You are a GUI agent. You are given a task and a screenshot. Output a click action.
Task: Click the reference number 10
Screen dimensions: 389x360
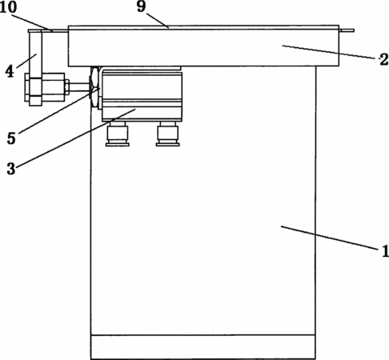coord(8,7)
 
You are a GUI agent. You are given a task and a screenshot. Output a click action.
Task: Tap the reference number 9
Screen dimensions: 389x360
coord(142,6)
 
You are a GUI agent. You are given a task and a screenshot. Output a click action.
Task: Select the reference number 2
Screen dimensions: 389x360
coord(383,60)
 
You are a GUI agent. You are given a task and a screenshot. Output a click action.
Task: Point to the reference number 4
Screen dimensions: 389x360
coord(10,71)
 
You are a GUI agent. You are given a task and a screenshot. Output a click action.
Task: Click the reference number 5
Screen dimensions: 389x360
coord(11,138)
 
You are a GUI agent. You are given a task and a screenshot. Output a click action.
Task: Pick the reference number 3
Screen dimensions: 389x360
coord(11,169)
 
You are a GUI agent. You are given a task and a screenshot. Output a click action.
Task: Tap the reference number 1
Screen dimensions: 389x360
coord(385,251)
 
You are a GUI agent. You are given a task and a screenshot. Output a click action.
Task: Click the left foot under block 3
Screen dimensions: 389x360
coord(118,134)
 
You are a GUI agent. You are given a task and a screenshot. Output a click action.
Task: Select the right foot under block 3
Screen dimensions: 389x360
coord(168,134)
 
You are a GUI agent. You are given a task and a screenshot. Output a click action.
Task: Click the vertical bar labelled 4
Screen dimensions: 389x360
coord(35,54)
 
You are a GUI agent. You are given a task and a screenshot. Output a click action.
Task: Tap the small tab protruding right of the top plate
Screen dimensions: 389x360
coord(347,30)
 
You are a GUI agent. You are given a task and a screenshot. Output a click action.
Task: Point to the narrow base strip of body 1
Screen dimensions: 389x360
coord(203,346)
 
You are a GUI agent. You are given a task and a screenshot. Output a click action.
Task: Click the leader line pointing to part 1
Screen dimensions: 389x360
coord(330,238)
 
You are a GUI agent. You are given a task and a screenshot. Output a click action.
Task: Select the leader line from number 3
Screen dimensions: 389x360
coord(76,138)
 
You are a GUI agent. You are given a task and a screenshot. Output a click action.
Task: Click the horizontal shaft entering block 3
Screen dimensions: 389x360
coord(79,87)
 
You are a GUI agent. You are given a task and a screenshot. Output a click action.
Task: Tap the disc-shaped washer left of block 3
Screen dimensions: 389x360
coord(94,87)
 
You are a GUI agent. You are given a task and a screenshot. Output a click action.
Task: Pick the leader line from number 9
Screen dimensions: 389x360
coord(157,20)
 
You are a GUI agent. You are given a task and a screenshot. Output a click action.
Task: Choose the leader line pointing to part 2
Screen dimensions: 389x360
coord(329,52)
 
